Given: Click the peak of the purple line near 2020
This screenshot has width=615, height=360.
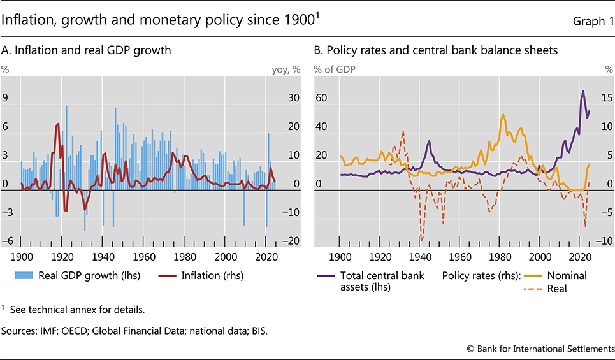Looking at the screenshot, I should [x=582, y=91].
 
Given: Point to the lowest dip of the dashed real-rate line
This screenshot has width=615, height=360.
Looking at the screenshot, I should [x=421, y=240].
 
